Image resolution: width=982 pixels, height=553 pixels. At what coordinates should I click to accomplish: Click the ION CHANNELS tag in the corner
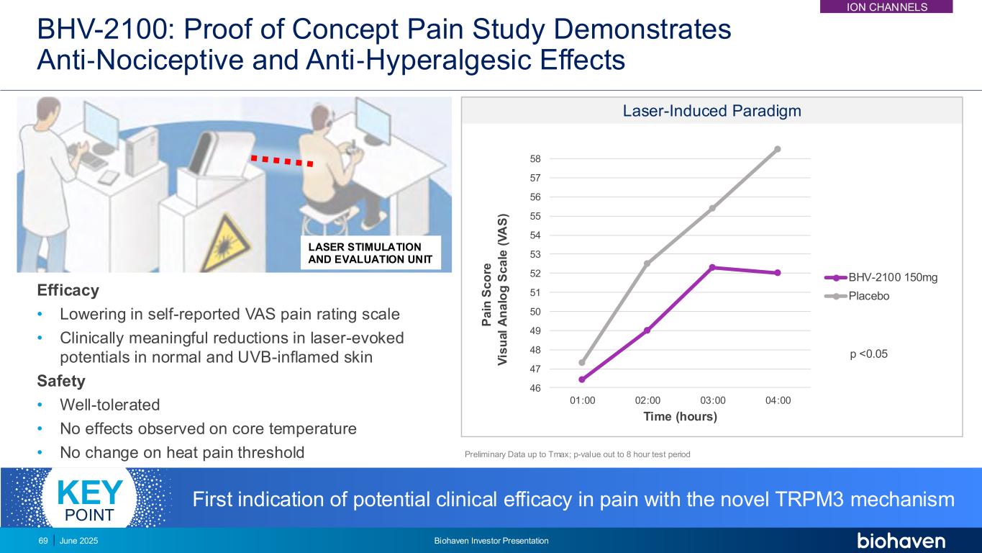click(896, 7)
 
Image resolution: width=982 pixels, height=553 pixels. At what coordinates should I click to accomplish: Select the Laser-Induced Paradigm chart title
click(712, 112)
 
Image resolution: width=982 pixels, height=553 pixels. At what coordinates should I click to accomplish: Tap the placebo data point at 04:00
click(778, 149)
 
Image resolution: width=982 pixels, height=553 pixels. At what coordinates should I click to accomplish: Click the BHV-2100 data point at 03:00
click(712, 267)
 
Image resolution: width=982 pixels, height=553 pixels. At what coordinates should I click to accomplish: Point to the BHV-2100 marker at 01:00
click(582, 379)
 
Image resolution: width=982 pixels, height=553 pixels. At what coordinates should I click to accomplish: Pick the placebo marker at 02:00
click(647, 264)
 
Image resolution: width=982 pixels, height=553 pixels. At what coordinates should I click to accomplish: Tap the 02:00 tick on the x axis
click(647, 400)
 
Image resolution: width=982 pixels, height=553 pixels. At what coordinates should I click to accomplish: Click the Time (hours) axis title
click(680, 417)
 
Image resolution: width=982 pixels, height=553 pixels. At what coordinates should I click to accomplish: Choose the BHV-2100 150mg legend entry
click(893, 277)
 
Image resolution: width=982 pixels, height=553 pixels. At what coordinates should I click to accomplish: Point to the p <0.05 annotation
click(868, 353)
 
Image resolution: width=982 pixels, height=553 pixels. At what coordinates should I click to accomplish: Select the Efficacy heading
click(68, 291)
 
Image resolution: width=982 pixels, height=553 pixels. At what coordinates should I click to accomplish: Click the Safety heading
click(61, 381)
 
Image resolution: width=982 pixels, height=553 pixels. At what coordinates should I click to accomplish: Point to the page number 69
click(42, 541)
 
